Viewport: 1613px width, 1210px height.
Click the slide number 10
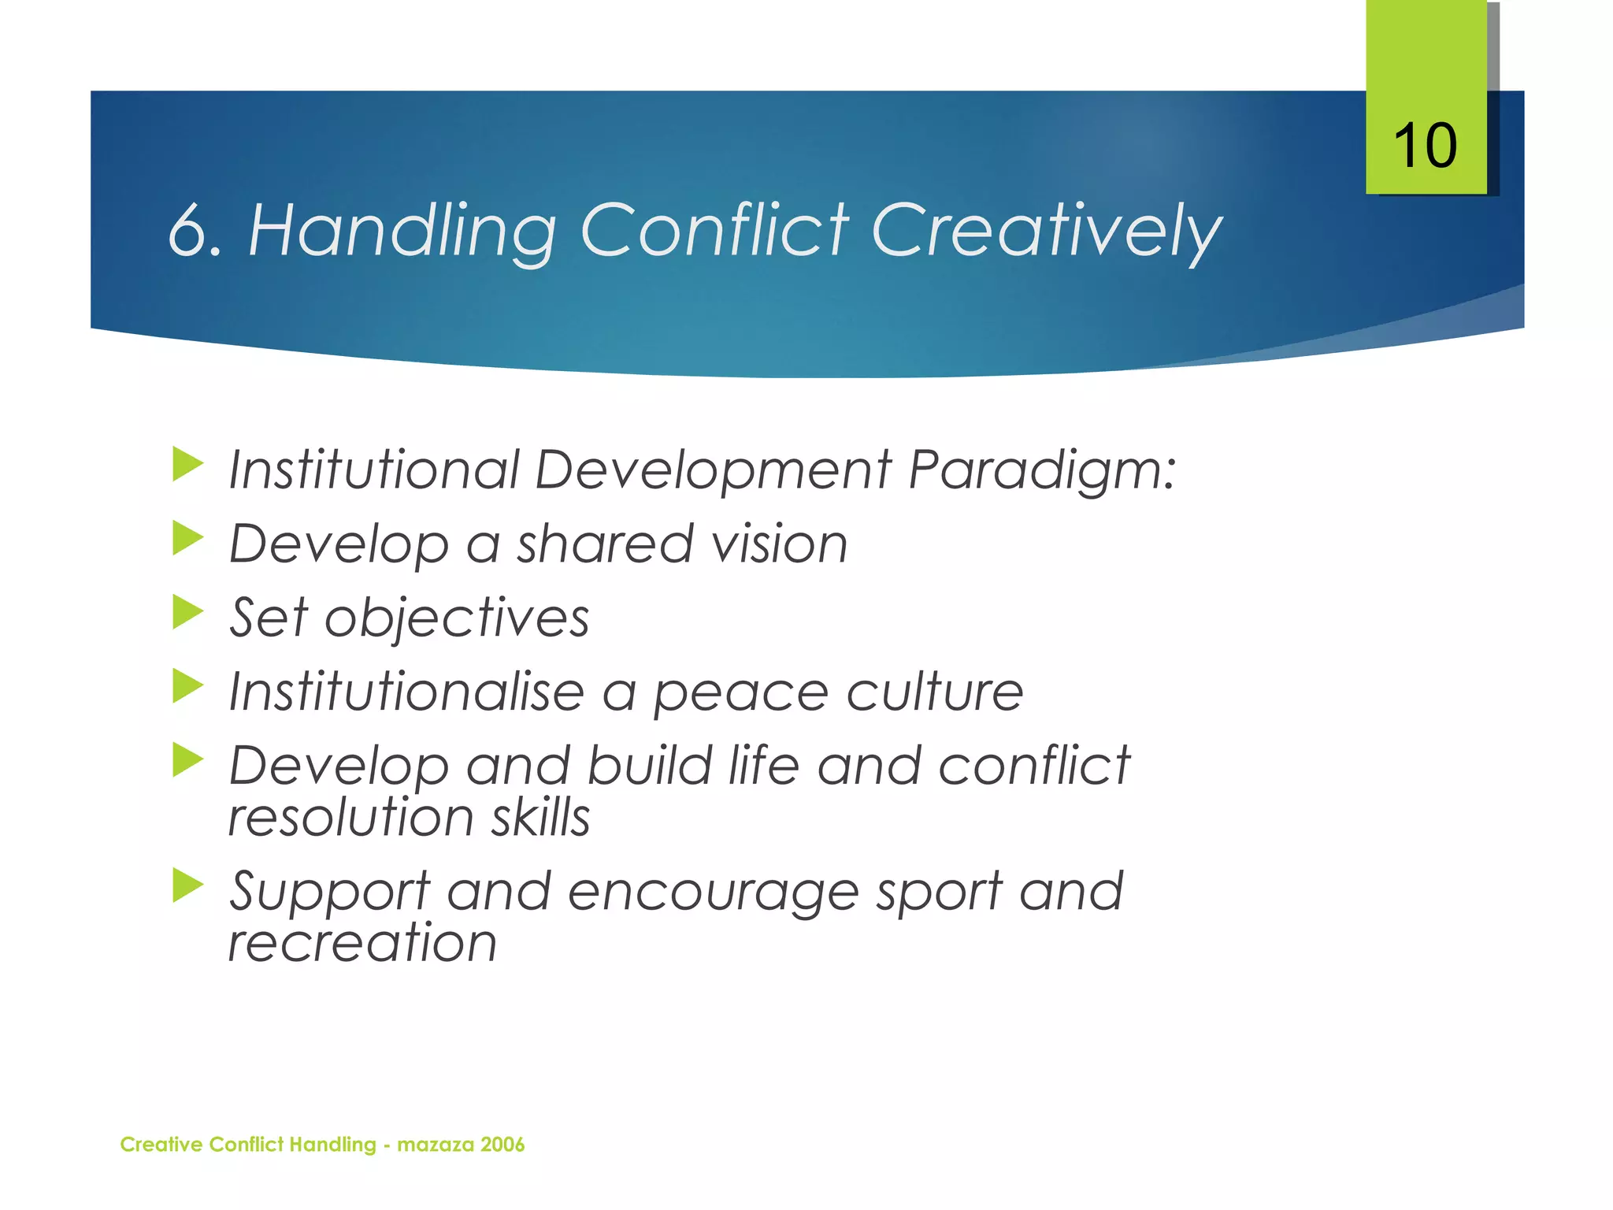coord(1425,147)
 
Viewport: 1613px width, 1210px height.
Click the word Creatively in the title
coord(1047,230)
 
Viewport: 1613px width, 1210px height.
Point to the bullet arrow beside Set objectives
coord(187,612)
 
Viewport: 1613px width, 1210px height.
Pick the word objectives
coord(457,618)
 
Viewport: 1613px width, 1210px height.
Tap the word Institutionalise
coord(406,692)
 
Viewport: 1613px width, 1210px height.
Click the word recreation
coord(362,942)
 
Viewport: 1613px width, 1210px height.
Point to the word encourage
coord(713,893)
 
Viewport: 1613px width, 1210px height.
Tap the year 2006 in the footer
coord(502,1145)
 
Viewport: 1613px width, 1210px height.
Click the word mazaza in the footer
coord(434,1145)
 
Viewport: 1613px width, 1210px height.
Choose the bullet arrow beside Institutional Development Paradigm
coord(187,464)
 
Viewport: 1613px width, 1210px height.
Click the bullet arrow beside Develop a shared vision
coord(187,538)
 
